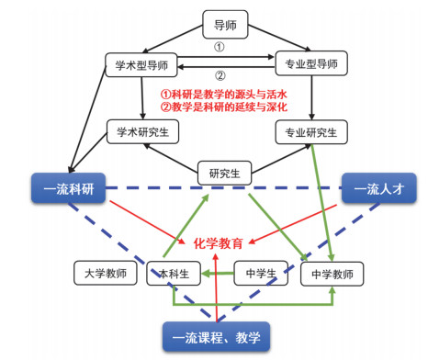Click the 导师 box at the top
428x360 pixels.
[x=225, y=25]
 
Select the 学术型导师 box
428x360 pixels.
[x=141, y=65]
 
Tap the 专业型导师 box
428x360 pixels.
[x=311, y=63]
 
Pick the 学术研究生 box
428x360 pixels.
[x=142, y=132]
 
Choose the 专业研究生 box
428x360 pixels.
[x=311, y=132]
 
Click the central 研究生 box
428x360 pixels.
[x=225, y=174]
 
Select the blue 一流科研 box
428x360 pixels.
[x=69, y=188]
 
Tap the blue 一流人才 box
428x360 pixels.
[x=379, y=188]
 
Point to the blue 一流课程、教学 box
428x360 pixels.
[x=217, y=337]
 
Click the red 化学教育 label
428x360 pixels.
[x=219, y=243]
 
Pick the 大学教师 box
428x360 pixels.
[x=106, y=273]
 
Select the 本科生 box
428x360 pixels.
[x=174, y=274]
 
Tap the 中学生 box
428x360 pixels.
[x=261, y=274]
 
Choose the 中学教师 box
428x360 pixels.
[x=332, y=274]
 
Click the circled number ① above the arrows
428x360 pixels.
[x=219, y=47]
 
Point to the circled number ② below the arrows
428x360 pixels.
[x=220, y=75]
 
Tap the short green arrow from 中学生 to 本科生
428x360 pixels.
[x=218, y=274]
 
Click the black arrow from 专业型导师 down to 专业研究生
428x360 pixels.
[x=311, y=97]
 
